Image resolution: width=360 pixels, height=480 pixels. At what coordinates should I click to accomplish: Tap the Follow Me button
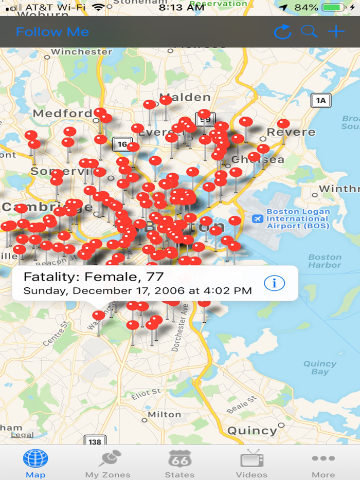(x=52, y=32)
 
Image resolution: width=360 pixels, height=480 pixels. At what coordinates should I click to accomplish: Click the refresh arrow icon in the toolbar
(x=282, y=32)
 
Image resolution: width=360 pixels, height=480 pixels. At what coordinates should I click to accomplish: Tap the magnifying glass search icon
(x=309, y=31)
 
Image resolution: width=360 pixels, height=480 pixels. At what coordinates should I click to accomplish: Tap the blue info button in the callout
(x=274, y=283)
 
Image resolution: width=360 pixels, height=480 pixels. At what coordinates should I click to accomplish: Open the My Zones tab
(x=108, y=463)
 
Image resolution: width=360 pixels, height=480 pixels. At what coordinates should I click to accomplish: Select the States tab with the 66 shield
(x=179, y=463)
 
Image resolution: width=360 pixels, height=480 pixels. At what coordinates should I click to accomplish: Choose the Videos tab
(x=251, y=463)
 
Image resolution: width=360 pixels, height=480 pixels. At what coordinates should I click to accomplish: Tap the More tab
(x=323, y=463)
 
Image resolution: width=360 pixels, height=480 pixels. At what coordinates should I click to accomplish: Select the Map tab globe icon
(x=35, y=458)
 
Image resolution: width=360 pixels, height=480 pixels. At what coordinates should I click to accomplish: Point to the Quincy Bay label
(x=319, y=367)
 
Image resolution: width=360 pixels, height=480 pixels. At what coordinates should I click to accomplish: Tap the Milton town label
(x=165, y=414)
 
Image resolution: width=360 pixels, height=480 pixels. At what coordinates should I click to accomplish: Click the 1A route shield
(x=321, y=100)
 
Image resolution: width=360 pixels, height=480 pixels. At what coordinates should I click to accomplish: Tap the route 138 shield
(x=95, y=441)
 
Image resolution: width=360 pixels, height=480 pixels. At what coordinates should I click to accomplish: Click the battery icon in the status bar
(x=334, y=8)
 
